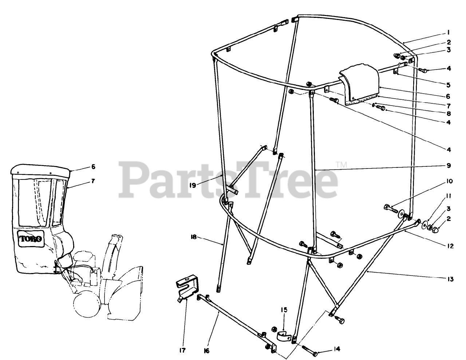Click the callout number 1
(449, 32)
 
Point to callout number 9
(449, 166)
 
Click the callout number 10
(449, 181)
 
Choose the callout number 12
(450, 246)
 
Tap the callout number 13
(450, 279)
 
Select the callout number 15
(284, 310)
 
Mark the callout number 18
(193, 237)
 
